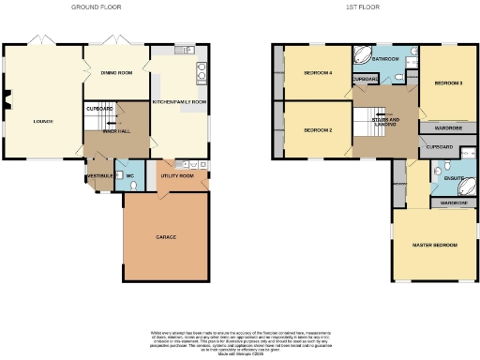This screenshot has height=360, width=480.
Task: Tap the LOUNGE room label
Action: tap(43, 121)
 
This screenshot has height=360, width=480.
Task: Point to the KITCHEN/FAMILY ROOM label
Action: tap(179, 100)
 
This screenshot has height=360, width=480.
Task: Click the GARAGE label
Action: tap(166, 237)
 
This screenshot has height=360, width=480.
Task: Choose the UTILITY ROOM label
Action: tap(176, 175)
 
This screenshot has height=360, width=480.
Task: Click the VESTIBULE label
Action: tap(99, 175)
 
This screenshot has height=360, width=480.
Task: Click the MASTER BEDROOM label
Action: tap(435, 246)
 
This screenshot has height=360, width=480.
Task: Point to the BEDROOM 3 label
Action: tap(449, 82)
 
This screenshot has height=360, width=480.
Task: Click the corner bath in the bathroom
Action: tap(361, 55)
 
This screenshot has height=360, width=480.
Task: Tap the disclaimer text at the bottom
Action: tap(240, 339)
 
